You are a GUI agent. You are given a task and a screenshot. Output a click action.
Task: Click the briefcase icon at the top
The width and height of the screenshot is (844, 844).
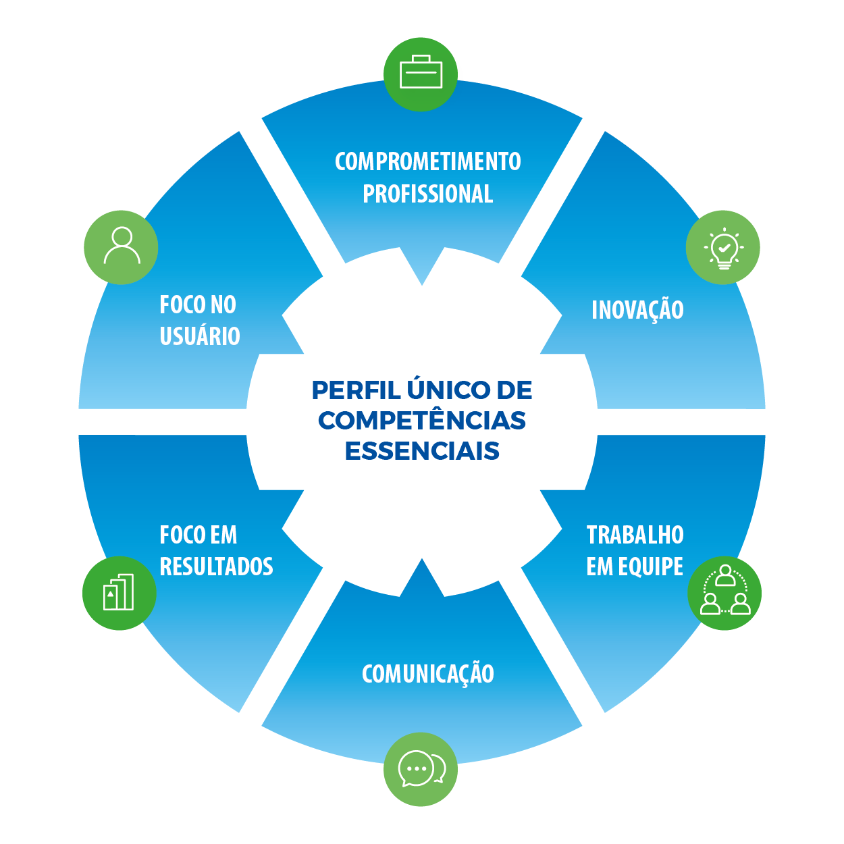click(421, 73)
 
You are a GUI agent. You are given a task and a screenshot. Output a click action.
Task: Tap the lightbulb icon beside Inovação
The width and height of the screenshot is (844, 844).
click(723, 248)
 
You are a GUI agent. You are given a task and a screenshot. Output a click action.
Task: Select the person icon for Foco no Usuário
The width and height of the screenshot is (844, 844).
click(122, 247)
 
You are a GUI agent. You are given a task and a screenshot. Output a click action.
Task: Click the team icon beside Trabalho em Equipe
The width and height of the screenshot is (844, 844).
click(724, 592)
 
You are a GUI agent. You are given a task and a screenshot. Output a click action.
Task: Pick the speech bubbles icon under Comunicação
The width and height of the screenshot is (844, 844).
click(421, 768)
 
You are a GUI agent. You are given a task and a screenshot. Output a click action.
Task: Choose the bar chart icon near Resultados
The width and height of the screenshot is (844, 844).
click(120, 592)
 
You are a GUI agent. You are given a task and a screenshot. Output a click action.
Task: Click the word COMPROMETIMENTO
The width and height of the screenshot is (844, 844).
click(427, 162)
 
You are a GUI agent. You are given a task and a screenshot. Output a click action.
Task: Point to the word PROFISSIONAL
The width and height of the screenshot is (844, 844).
click(427, 194)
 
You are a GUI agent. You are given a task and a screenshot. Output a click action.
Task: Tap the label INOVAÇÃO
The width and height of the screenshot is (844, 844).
click(637, 311)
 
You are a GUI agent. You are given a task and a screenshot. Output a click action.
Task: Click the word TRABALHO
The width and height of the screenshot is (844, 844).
click(635, 535)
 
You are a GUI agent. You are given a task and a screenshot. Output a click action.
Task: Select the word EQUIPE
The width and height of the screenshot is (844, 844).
click(650, 566)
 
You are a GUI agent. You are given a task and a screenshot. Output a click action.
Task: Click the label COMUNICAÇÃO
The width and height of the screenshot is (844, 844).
click(427, 674)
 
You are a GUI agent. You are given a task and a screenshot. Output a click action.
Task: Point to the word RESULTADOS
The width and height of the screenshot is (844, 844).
click(216, 566)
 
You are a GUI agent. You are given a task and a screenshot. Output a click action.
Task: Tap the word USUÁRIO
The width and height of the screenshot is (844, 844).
click(200, 336)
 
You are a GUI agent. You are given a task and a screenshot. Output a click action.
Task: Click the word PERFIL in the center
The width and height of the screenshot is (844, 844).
click(356, 390)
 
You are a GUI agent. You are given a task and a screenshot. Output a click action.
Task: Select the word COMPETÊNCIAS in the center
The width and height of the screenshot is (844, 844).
click(422, 421)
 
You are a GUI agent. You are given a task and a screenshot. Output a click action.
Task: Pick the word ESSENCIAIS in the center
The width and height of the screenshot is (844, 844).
click(422, 451)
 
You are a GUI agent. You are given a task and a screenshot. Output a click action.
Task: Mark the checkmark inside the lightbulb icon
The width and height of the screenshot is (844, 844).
click(724, 248)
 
